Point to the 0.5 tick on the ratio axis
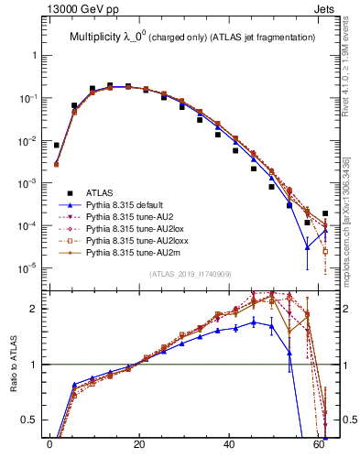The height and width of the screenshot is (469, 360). pyautogui.click(x=30, y=420)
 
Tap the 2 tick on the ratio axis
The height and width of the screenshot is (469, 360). pyautogui.click(x=35, y=309)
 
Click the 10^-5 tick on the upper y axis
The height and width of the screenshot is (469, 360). pyautogui.click(x=27, y=268)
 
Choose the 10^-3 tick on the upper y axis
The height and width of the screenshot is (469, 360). pyautogui.click(x=27, y=183)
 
